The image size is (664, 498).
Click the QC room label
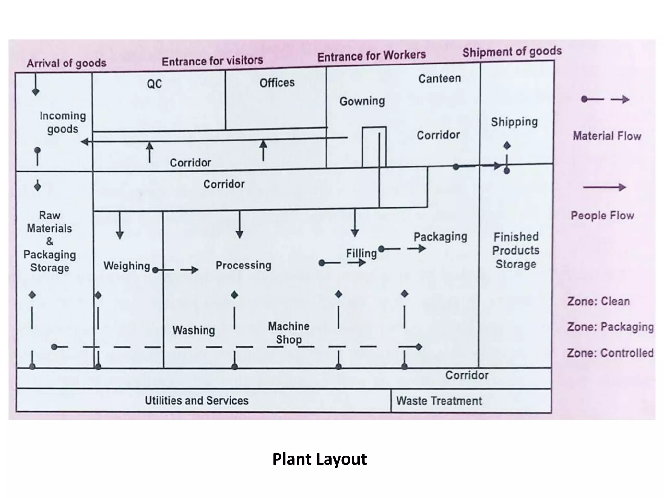(x=154, y=84)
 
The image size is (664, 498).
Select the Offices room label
(x=277, y=83)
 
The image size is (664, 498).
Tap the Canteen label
(x=439, y=78)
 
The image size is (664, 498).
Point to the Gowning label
(x=362, y=101)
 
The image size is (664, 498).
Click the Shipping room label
(x=514, y=122)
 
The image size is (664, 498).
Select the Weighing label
(x=127, y=266)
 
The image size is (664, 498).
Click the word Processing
(x=243, y=265)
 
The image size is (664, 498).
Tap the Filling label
(x=361, y=253)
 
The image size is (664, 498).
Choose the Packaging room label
(x=440, y=237)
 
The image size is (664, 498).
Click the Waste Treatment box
(x=439, y=401)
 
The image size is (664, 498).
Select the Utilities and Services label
(x=196, y=401)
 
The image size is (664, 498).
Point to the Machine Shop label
(x=289, y=333)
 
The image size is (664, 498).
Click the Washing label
(x=194, y=330)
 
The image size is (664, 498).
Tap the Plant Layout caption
(x=319, y=459)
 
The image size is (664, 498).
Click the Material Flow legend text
(x=607, y=136)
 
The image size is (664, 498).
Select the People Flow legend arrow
(x=604, y=187)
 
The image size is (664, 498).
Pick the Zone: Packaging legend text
(x=610, y=327)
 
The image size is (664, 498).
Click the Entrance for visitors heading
(x=212, y=61)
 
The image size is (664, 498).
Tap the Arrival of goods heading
(x=66, y=63)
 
